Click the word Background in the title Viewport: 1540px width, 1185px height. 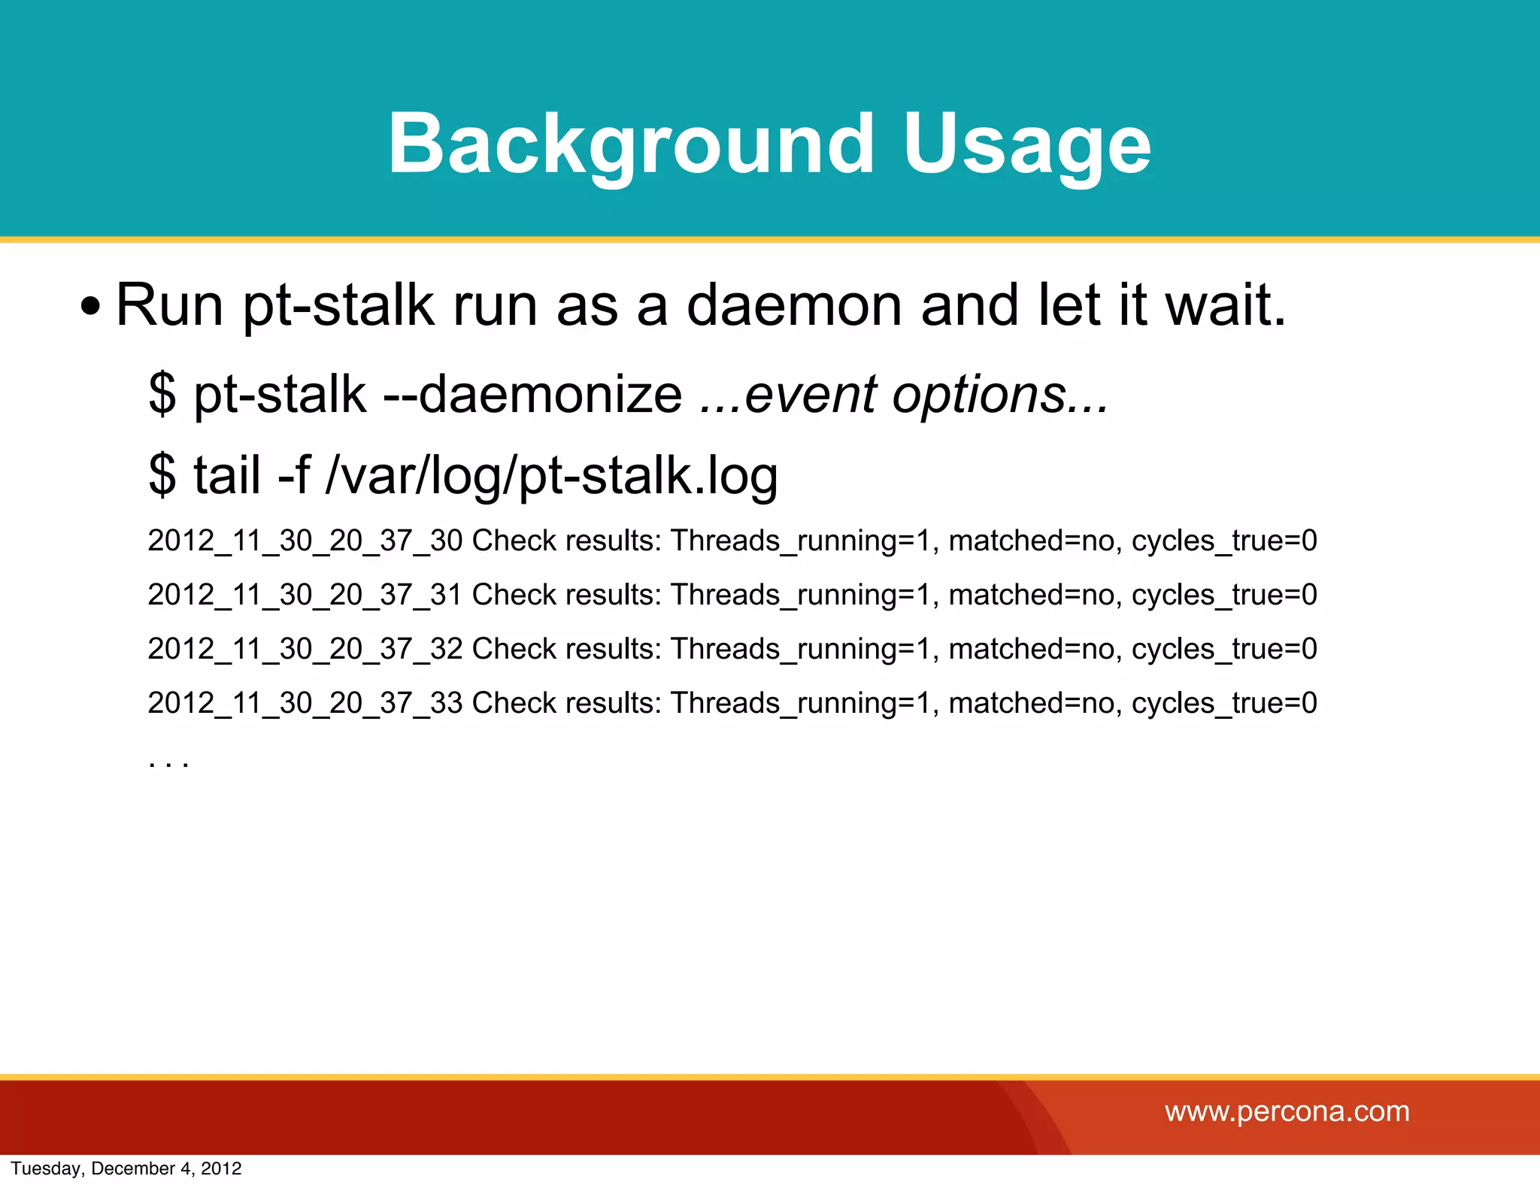630,144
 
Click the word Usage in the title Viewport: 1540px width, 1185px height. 1026,144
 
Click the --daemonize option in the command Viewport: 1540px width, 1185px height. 532,394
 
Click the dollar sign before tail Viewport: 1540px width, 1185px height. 162,475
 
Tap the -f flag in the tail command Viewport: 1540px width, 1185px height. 294,475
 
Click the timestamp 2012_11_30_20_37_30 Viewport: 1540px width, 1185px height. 305,541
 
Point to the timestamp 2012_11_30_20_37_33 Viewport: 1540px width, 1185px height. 305,703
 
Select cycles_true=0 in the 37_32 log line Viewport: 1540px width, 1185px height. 1224,650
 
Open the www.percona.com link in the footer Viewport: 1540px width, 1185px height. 1287,1111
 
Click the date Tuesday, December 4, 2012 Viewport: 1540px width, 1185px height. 126,1168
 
